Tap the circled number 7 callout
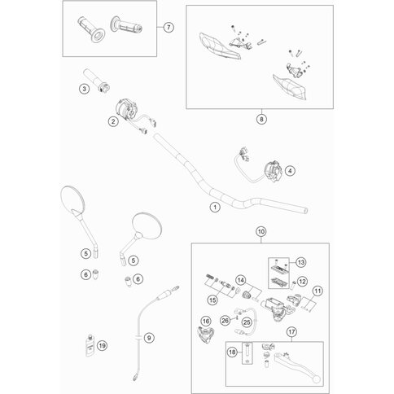(169, 28)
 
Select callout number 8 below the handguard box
(261, 118)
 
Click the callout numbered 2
(113, 123)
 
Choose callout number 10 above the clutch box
(261, 232)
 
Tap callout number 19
(102, 346)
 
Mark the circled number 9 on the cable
(148, 337)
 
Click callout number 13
(300, 262)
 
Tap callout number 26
(225, 320)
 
